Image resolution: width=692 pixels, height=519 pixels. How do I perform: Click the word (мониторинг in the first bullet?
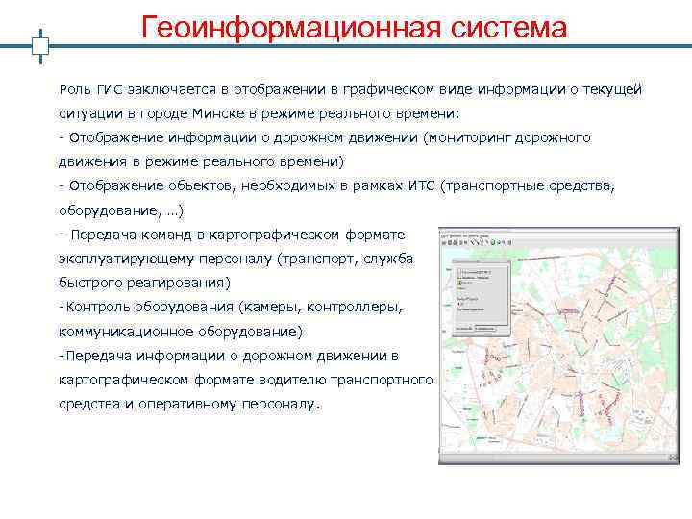(x=468, y=137)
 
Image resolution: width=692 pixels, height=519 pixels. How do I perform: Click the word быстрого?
(x=91, y=284)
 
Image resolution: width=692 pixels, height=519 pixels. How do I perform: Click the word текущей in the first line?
(x=612, y=89)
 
